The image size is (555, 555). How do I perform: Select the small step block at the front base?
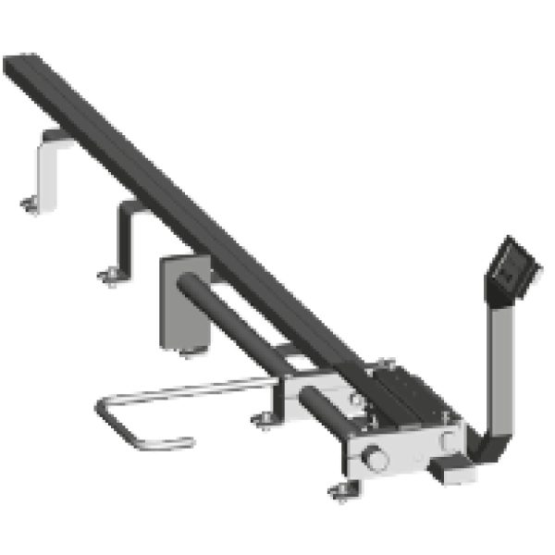(x=450, y=467)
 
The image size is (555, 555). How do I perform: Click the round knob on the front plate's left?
(x=377, y=457)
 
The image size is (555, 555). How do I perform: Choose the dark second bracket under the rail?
(x=125, y=236)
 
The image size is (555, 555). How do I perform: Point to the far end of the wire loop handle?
(x=106, y=416)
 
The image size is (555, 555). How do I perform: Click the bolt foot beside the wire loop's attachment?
(x=265, y=422)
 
